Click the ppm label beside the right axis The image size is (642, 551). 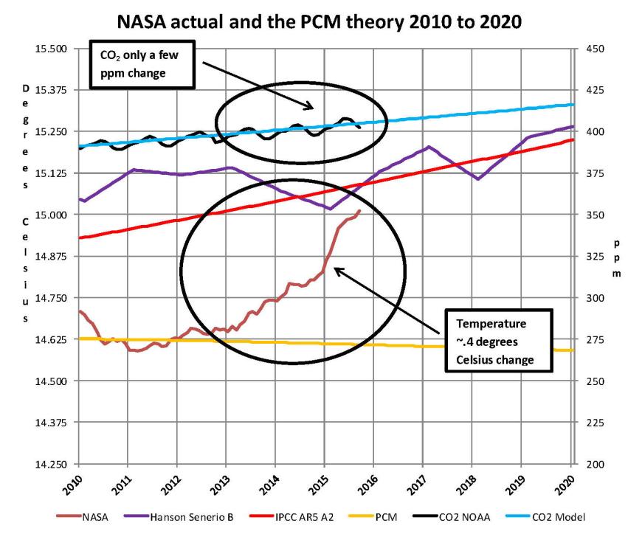pos(617,257)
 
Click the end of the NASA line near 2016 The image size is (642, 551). pos(360,211)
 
